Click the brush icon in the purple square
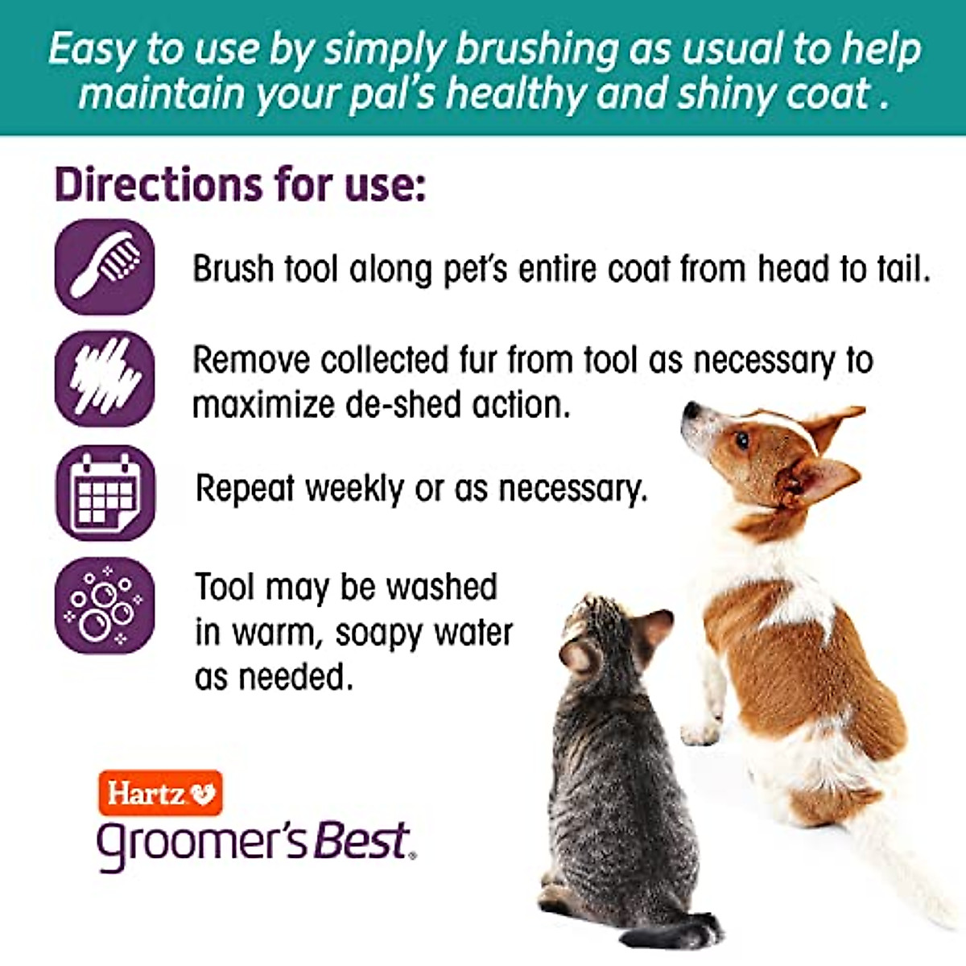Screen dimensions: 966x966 pyautogui.click(x=104, y=266)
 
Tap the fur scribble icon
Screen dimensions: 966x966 pyautogui.click(x=104, y=378)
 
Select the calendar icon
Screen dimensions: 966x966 pyautogui.click(x=105, y=492)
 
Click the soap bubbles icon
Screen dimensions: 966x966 pyautogui.click(x=105, y=605)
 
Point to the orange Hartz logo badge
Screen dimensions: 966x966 pyautogui.click(x=160, y=793)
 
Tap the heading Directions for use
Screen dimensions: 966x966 pyautogui.click(x=239, y=184)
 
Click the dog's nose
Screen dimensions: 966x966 pyautogui.click(x=689, y=411)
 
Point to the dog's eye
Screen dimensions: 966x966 pyautogui.click(x=741, y=440)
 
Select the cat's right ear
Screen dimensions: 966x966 pyautogui.click(x=656, y=626)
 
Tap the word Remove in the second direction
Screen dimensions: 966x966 pyautogui.click(x=250, y=360)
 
